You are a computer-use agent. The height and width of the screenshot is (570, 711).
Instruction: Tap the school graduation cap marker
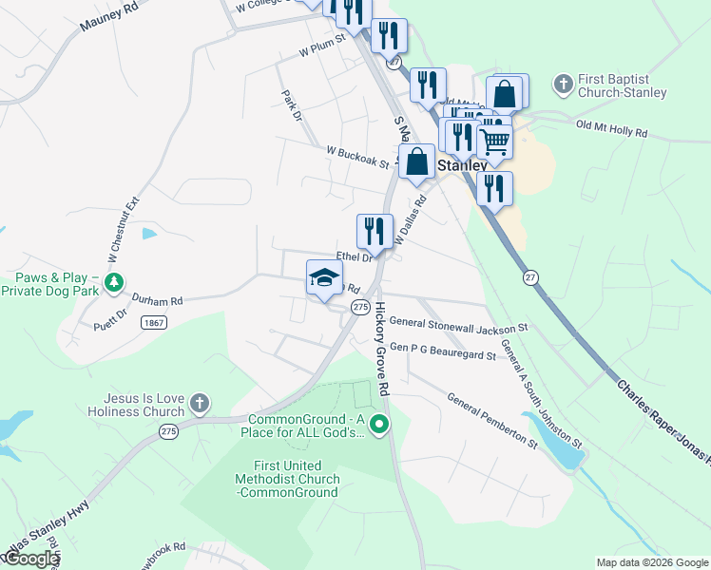[324, 277]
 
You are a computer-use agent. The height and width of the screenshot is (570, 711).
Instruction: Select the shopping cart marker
[494, 142]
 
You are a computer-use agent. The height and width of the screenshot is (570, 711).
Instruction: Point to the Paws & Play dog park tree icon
[114, 283]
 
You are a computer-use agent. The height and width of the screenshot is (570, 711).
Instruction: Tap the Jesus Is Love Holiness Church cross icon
[199, 404]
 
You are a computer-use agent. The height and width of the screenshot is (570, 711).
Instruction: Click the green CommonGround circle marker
[379, 424]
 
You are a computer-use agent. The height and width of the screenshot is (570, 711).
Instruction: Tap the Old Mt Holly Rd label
[611, 128]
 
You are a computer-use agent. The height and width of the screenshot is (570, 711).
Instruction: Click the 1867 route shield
[153, 323]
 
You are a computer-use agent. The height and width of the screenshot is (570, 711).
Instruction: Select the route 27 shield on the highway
[531, 276]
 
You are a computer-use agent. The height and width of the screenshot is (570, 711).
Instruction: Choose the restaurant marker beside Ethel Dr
[375, 231]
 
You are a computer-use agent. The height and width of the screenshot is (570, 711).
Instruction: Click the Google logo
[31, 560]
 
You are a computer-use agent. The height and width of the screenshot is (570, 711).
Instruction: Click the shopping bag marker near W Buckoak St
[417, 161]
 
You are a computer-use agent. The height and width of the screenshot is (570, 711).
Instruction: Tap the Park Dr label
[291, 105]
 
